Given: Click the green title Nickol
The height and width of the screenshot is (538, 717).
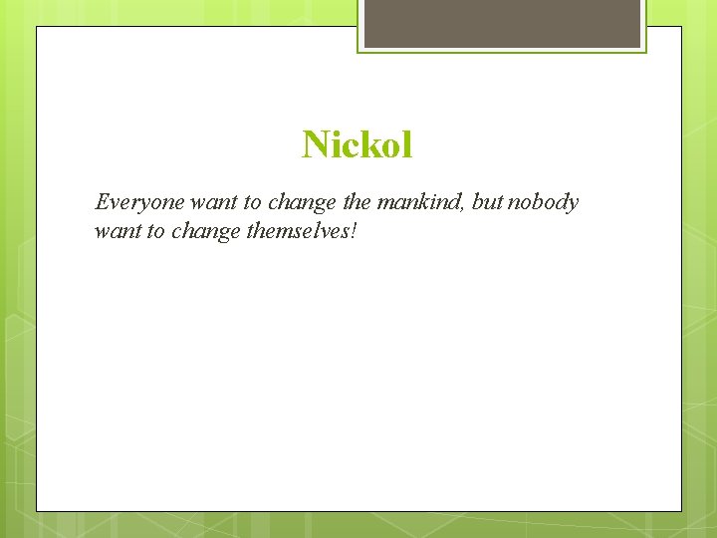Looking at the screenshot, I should pyautogui.click(x=358, y=145).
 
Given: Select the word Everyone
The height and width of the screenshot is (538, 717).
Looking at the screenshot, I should pyautogui.click(x=139, y=203).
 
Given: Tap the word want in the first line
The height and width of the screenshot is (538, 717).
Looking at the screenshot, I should pyautogui.click(x=213, y=203).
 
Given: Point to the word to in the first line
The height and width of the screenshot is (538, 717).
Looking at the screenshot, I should pyautogui.click(x=252, y=203).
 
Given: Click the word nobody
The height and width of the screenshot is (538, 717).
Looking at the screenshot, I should pyautogui.click(x=544, y=203).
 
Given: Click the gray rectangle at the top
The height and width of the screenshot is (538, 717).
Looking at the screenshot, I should pyautogui.click(x=502, y=22).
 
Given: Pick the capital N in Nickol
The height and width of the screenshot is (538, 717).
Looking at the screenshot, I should pyautogui.click(x=315, y=145).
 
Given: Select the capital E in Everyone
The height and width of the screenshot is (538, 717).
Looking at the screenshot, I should pyautogui.click(x=101, y=203).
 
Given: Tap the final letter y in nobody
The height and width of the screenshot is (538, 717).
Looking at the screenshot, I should pyautogui.click(x=573, y=205).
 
